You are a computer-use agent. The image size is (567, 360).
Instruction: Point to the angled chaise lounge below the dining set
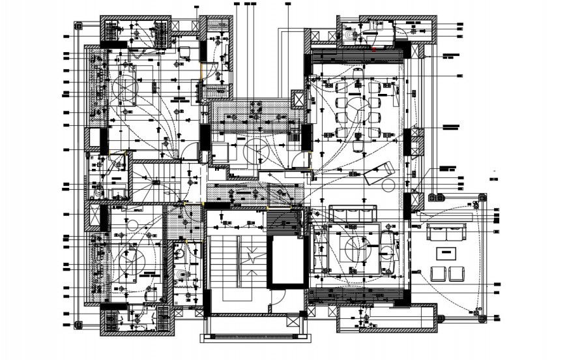pos(378,173)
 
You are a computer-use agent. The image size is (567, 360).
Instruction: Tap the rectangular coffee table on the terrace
pos(446,252)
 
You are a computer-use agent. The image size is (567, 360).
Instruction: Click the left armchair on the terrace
pos(437,273)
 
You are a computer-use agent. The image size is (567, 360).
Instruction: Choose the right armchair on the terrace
pos(456,273)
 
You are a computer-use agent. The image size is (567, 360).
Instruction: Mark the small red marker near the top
pos(373,48)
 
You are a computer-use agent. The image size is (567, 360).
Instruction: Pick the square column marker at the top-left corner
pos(78,27)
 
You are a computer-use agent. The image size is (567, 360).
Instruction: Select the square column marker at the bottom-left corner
pos(78,324)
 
